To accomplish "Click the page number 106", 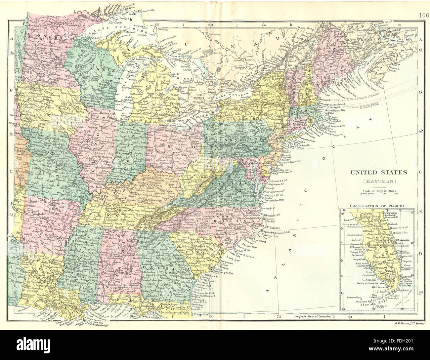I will (x=424, y=5).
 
